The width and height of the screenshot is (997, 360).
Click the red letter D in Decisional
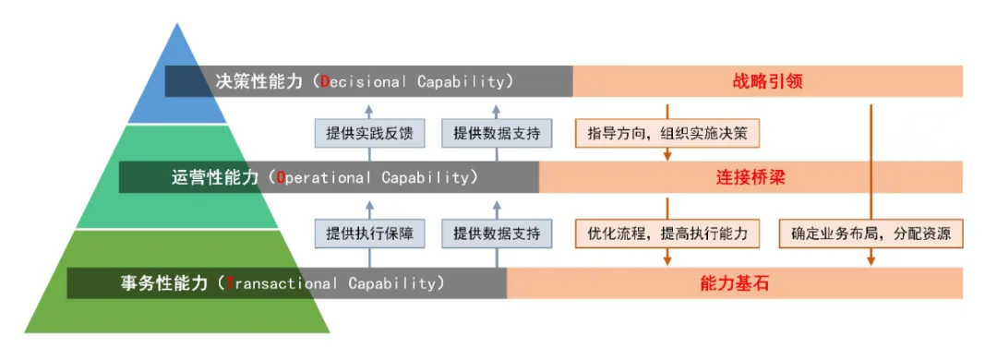click(x=324, y=82)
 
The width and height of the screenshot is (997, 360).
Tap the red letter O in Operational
click(x=281, y=177)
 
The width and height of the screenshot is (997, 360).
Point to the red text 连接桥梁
click(x=747, y=177)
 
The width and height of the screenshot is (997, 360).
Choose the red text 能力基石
click(x=730, y=283)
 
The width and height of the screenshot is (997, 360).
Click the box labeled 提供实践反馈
click(x=369, y=134)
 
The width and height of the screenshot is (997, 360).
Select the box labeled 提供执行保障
click(x=369, y=234)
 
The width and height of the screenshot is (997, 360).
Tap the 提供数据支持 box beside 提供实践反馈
click(x=497, y=134)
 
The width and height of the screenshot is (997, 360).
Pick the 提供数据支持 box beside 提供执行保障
click(x=497, y=234)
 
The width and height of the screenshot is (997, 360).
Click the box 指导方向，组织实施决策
click(x=667, y=134)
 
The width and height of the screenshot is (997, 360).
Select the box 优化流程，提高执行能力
click(x=667, y=234)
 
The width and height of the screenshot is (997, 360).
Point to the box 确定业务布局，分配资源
click(x=871, y=234)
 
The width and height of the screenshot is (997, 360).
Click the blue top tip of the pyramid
click(x=177, y=23)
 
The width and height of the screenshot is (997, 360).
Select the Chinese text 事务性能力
click(x=163, y=283)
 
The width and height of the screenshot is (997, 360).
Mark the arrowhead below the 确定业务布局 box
click(x=871, y=260)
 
